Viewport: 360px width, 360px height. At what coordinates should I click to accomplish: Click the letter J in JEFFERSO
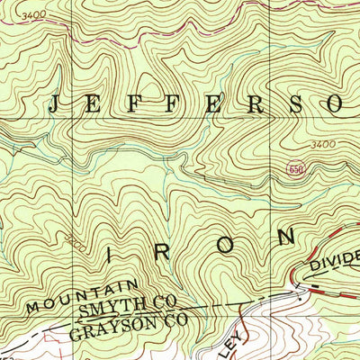(x=53, y=105)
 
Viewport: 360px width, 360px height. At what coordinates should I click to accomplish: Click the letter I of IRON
(x=111, y=255)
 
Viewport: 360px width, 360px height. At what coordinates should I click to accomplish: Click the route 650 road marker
(x=295, y=170)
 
